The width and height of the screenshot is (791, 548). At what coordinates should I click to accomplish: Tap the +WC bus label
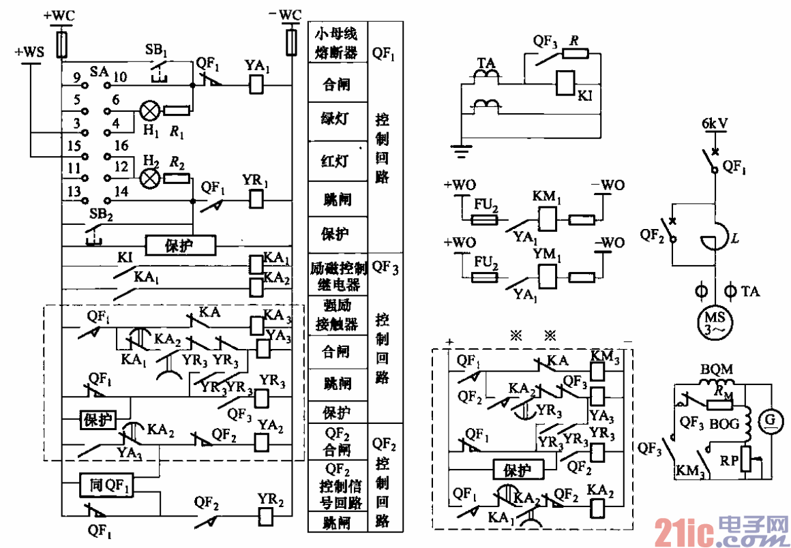pyautogui.click(x=62, y=15)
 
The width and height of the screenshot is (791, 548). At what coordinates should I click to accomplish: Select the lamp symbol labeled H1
pyautogui.click(x=149, y=110)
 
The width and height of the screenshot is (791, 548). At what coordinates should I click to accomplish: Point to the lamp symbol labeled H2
pyautogui.click(x=149, y=178)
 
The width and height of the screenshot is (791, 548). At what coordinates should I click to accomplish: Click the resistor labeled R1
pyautogui.click(x=176, y=110)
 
